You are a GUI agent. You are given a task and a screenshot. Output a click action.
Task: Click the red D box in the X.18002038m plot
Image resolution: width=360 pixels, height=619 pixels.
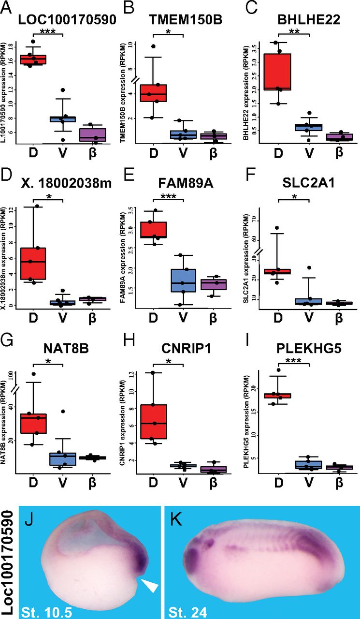coord(33,264)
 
